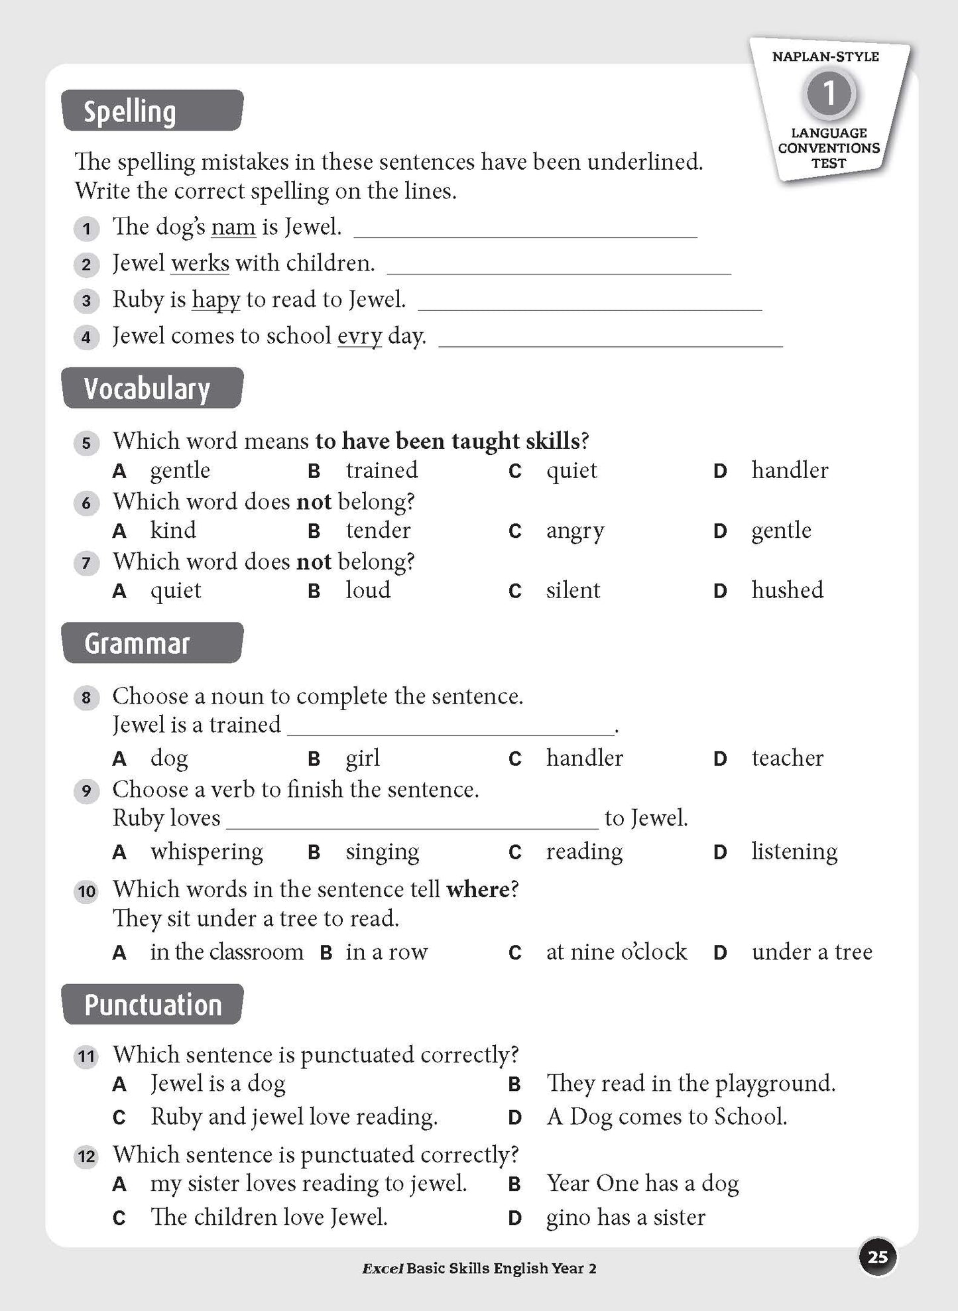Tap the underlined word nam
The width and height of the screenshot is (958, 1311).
click(x=233, y=227)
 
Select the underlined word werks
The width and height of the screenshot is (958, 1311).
click(x=200, y=264)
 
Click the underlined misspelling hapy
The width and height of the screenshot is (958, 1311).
click(x=216, y=300)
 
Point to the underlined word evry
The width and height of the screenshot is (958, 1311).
click(x=359, y=336)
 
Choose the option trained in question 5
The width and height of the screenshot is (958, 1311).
click(x=381, y=470)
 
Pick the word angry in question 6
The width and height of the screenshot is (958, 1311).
click(x=575, y=531)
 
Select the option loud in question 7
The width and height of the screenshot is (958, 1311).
click(x=368, y=590)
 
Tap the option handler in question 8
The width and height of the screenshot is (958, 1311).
click(x=584, y=758)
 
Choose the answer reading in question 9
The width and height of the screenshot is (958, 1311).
click(x=584, y=851)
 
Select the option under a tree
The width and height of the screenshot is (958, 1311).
click(x=811, y=952)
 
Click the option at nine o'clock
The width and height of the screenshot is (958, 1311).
click(x=616, y=952)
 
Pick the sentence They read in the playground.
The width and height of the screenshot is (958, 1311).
click(x=690, y=1084)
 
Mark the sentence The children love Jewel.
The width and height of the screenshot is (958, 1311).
click(x=269, y=1217)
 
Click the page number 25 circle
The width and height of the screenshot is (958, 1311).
click(x=878, y=1257)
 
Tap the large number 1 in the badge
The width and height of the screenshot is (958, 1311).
click(x=829, y=94)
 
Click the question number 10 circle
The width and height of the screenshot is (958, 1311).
click(x=87, y=891)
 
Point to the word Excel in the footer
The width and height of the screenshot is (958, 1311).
click(x=383, y=1269)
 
